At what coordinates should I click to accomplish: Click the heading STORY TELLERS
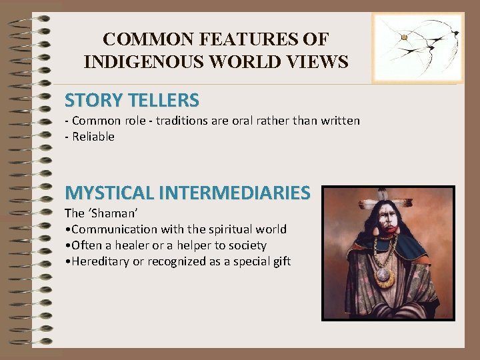(x=132, y=101)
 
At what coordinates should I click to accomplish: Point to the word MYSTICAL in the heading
(x=109, y=193)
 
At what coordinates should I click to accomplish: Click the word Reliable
(x=93, y=137)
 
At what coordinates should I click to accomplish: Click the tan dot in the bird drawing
(x=404, y=37)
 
